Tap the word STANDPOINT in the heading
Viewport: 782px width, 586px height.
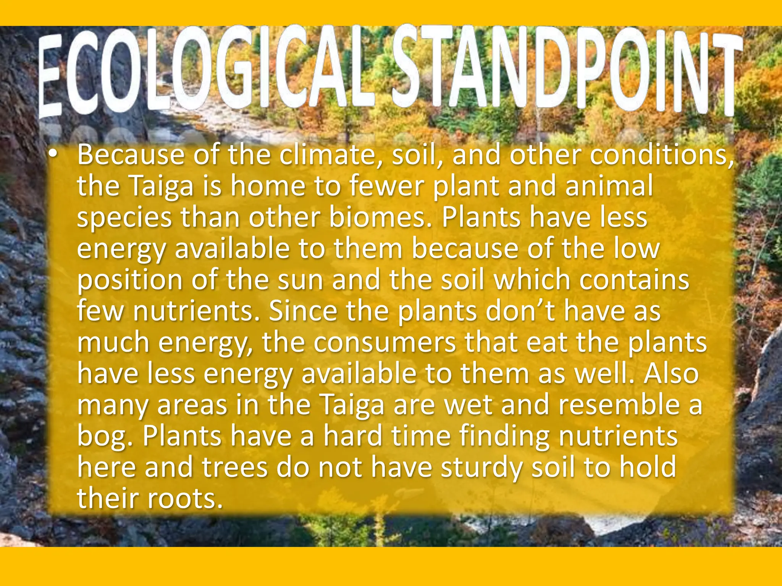pos(565,71)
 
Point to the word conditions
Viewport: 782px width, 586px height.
pos(661,155)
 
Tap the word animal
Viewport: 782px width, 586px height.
pos(609,187)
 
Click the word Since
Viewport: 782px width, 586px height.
pos(303,311)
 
